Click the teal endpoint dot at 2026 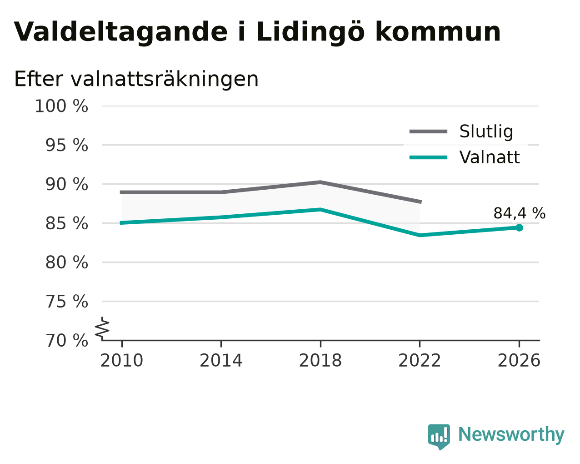(x=519, y=228)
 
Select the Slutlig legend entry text (x=486, y=131)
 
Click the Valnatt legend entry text (x=490, y=157)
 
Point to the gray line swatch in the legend (x=428, y=131)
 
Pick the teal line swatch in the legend (x=428, y=157)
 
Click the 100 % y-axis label (x=61, y=106)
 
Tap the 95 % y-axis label (x=66, y=145)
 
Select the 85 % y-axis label (x=66, y=223)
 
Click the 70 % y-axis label (x=66, y=340)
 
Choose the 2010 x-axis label (x=122, y=361)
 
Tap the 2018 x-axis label (x=320, y=361)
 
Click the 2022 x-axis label (x=420, y=361)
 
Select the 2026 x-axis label (x=519, y=361)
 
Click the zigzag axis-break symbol (x=102, y=328)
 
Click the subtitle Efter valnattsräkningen (x=136, y=79)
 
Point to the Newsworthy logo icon (x=439, y=437)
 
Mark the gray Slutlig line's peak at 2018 (x=320, y=182)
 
